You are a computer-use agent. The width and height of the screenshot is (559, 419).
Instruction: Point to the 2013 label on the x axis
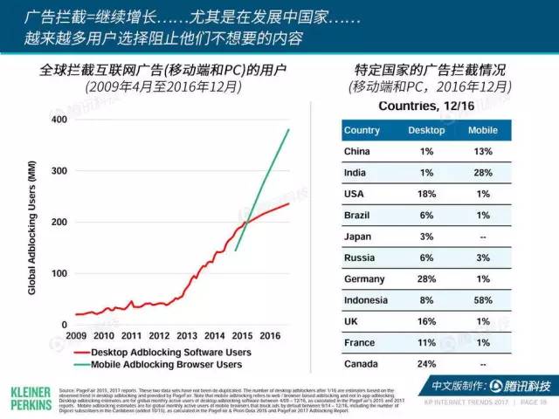[187, 335]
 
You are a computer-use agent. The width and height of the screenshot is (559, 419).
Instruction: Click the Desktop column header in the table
[427, 130]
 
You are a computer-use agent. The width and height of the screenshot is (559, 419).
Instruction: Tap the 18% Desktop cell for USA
[427, 194]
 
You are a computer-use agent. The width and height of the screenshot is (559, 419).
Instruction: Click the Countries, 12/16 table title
[427, 106]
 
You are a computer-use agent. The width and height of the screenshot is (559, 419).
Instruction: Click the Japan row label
[359, 236]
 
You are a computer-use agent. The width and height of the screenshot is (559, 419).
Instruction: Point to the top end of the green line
[289, 130]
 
